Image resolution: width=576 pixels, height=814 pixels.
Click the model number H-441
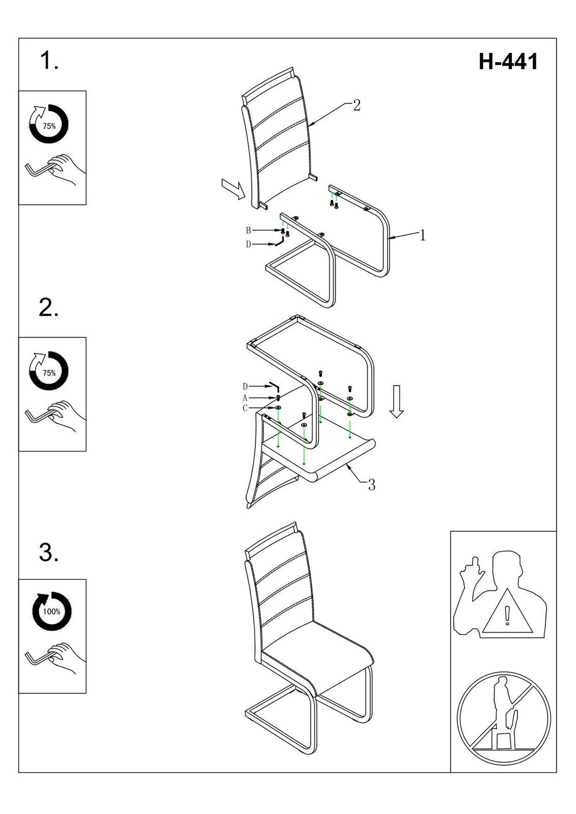pos(508,62)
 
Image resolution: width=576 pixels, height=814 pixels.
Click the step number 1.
pos(49,61)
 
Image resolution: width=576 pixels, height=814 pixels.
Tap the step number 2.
pos(49,308)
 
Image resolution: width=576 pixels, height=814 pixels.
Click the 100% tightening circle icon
pos(51,611)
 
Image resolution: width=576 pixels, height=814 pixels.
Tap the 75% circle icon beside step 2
pos(49,372)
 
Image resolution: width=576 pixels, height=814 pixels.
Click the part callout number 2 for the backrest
pos(356,105)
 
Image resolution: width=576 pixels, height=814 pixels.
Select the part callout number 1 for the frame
pos(422,236)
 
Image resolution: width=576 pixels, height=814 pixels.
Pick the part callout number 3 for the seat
pos(371,485)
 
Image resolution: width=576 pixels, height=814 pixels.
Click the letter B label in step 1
pos(249,230)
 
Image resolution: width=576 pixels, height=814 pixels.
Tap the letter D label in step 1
pos(249,245)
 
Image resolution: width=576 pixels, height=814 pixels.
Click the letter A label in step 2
pos(245,398)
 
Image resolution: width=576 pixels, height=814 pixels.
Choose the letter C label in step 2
pos(245,408)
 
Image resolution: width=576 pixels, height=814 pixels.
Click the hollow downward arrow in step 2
pos(397,401)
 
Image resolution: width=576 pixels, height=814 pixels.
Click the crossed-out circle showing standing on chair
pos(503,718)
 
